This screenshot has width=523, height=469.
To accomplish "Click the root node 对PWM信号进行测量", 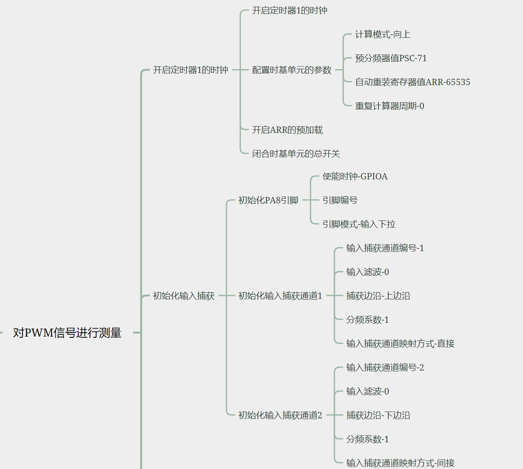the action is (67, 333).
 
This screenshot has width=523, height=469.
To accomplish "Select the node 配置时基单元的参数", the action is (292, 70).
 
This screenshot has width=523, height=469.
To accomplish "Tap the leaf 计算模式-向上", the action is (382, 34).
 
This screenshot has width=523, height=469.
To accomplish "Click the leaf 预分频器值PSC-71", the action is (391, 58).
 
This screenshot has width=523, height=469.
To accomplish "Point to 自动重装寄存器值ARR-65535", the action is (413, 82).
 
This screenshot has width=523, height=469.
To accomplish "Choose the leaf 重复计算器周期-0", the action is (390, 106).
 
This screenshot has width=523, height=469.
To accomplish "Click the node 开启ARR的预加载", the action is (287, 130).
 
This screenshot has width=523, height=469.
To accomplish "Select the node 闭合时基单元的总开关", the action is (296, 154).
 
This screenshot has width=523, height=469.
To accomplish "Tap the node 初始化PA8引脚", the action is (268, 200).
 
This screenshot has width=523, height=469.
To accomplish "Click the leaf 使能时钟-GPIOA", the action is (355, 176).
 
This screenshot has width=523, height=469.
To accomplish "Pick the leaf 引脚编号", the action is (340, 200).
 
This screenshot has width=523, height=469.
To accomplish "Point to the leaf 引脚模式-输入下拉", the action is (359, 224).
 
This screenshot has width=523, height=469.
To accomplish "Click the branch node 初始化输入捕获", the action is (184, 296).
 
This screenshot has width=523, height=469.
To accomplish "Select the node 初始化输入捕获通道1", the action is (280, 296).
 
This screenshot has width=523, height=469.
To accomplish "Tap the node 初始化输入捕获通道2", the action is (280, 415).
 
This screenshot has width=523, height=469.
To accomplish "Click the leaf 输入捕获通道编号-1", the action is (385, 248).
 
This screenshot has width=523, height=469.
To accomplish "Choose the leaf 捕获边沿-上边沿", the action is (378, 296).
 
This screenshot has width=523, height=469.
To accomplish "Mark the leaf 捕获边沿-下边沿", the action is (378, 415).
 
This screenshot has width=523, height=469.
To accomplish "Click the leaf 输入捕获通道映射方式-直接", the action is (400, 344).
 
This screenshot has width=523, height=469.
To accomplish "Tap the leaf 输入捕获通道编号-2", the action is (385, 368).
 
